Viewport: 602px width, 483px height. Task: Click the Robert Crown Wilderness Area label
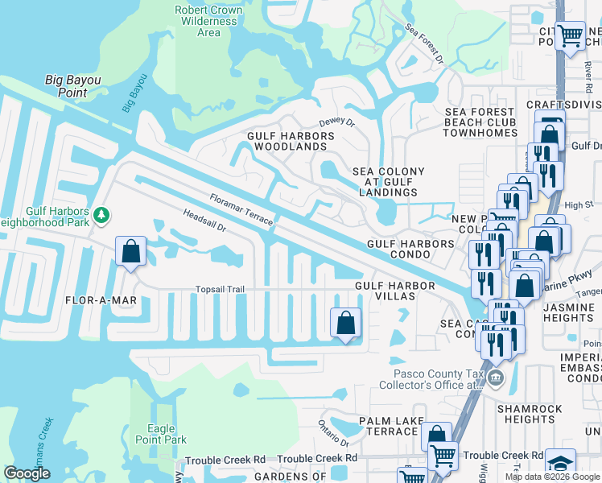point(208,21)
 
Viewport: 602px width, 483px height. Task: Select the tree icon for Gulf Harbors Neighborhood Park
point(101,215)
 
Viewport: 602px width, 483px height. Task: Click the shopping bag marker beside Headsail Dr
point(130,251)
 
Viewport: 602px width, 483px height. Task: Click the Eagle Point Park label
point(167,434)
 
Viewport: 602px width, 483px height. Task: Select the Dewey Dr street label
point(336,122)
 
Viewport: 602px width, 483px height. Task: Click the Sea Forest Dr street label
point(424,43)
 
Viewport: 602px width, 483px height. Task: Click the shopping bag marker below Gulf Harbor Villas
point(345,324)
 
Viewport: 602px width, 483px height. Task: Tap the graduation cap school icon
point(560,463)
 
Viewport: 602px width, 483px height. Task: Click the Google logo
point(27,473)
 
